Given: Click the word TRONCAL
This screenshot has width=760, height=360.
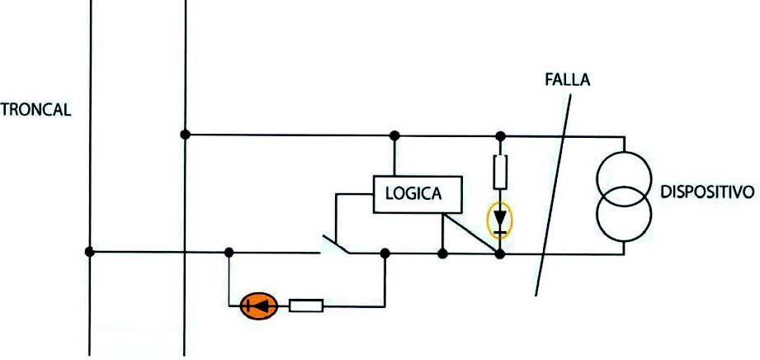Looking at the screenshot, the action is coord(35,110).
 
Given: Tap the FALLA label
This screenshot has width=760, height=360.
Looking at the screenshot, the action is coord(568,80).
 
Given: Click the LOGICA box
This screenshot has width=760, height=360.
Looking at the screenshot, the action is coord(418,194).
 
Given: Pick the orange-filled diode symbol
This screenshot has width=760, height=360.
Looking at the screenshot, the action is coord(259,306).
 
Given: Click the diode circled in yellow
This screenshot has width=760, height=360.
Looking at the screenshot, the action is coord(500,220).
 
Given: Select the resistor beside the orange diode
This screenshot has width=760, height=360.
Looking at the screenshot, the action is coord(306,306).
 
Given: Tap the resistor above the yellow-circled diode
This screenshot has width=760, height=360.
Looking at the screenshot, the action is coord(500,172).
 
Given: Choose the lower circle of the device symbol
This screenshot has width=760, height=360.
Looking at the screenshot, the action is coord(625,214).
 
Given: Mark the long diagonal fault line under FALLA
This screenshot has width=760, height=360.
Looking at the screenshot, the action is coord(553,195).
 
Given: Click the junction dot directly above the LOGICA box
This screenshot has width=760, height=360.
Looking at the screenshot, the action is coord(394,136).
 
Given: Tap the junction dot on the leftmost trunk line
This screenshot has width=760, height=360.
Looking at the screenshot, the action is coord(89,252).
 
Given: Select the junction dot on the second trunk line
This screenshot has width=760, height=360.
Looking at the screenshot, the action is coord(185,135).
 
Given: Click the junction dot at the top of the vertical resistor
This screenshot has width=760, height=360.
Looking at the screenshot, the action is coord(501,136).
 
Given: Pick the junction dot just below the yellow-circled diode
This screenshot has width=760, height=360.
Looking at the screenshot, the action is coord(500,253).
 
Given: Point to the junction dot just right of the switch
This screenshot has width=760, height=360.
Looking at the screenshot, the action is coord(385,253).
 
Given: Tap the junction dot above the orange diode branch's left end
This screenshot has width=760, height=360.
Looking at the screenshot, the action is coord(229,253).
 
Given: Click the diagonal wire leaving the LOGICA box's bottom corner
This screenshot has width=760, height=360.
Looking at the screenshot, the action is coord(471,233).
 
